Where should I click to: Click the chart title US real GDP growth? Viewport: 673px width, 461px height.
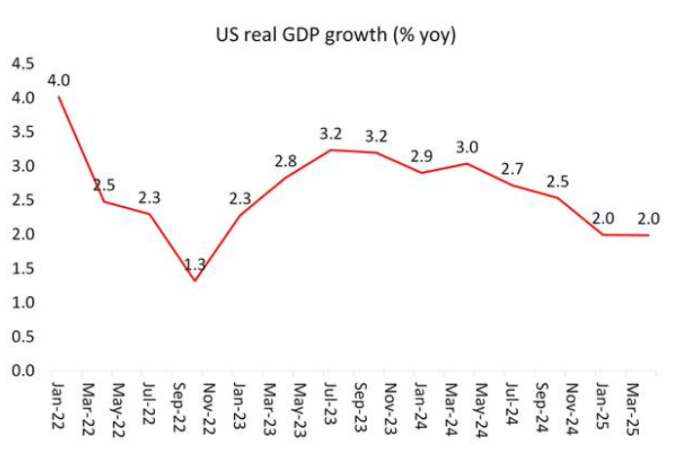(x=336, y=36)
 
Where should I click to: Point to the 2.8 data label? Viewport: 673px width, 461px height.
(x=286, y=160)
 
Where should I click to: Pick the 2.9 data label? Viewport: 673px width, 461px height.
(x=421, y=155)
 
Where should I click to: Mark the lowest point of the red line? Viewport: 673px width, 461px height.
(x=195, y=281)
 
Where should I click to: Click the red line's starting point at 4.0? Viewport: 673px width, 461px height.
(x=59, y=96)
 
